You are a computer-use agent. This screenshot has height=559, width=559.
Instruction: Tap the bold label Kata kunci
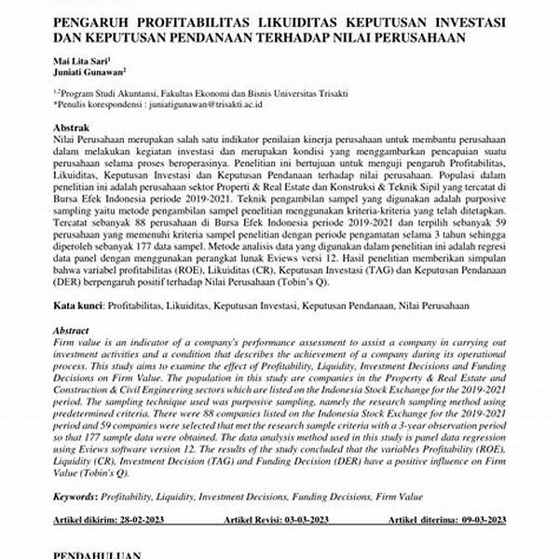click(75, 306)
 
